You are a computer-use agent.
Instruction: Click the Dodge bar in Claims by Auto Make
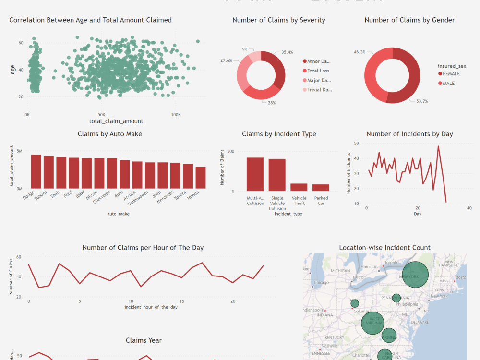[x=36, y=171]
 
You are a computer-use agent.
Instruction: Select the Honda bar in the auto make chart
[x=200, y=178]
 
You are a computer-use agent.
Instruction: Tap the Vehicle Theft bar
[x=299, y=187]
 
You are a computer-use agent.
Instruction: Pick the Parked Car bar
[x=321, y=188]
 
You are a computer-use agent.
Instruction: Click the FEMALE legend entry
[x=451, y=74]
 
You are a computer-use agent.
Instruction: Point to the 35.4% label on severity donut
[x=287, y=52]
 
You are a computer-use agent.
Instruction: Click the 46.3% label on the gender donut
[x=360, y=52]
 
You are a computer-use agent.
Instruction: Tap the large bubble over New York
[x=415, y=276]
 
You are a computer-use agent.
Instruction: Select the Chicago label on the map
[x=321, y=283]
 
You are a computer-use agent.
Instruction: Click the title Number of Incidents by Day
[x=409, y=134]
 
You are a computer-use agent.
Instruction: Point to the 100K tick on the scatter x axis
[x=176, y=115]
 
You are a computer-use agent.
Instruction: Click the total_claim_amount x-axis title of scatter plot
[x=116, y=121]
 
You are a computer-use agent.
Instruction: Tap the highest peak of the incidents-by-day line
[x=438, y=146]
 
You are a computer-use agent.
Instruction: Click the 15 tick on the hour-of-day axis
[x=182, y=301]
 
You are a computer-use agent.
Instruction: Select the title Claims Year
[x=144, y=340]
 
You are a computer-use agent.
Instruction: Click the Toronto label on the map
[x=392, y=263]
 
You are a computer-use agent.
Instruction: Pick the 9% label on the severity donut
[x=245, y=49]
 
